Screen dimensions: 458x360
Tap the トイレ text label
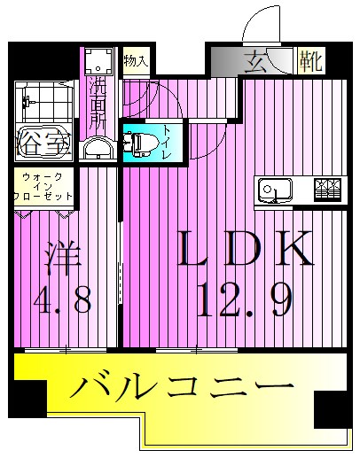[x=166, y=141]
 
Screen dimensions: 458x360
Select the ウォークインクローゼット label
[x=42, y=187]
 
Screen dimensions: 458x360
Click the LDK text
[x=247, y=249]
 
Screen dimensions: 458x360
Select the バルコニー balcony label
[x=181, y=388]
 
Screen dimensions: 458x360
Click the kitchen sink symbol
[x=276, y=189]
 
